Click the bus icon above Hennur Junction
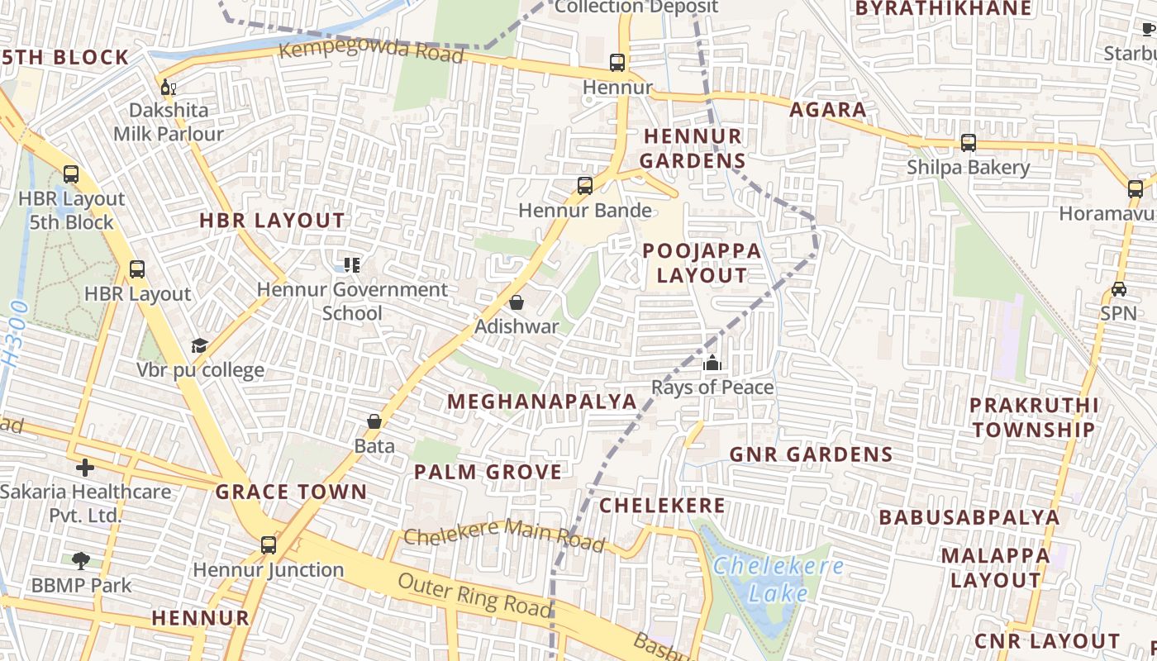click(x=269, y=544)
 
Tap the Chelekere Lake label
click(x=778, y=579)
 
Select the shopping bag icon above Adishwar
click(x=517, y=302)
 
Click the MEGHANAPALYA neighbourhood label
click(x=542, y=402)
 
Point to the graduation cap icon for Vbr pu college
click(x=199, y=345)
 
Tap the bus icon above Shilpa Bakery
click(x=968, y=143)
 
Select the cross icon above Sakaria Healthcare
click(x=84, y=468)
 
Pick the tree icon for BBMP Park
click(x=81, y=561)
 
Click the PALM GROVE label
click(x=488, y=472)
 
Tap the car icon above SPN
click(x=1118, y=289)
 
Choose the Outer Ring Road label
click(x=474, y=593)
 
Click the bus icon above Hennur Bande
click(x=585, y=186)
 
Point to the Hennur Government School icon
click(x=352, y=265)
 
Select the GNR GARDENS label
click(x=811, y=454)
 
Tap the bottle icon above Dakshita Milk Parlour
click(x=168, y=87)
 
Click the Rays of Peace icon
click(x=712, y=363)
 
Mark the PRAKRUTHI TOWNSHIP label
click(x=1033, y=417)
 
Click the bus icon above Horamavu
click(x=1136, y=188)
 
